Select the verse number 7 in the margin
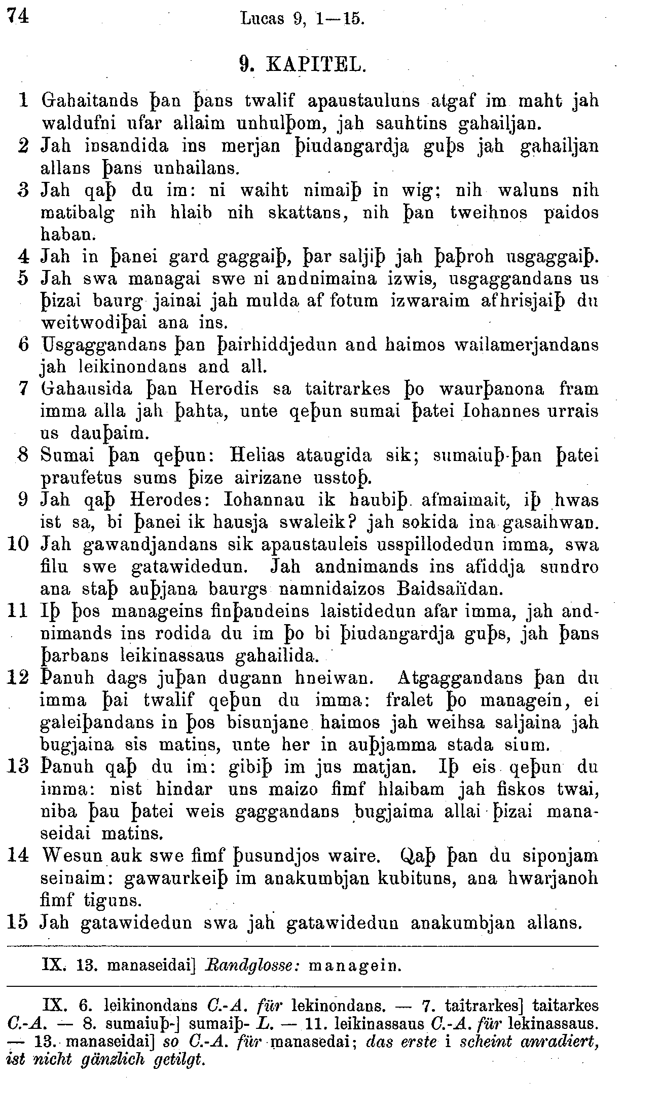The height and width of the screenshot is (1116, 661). point(22,389)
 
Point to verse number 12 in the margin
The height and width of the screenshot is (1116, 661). point(18,678)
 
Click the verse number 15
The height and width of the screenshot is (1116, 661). point(19,922)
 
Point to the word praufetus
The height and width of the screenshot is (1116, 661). point(81,478)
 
